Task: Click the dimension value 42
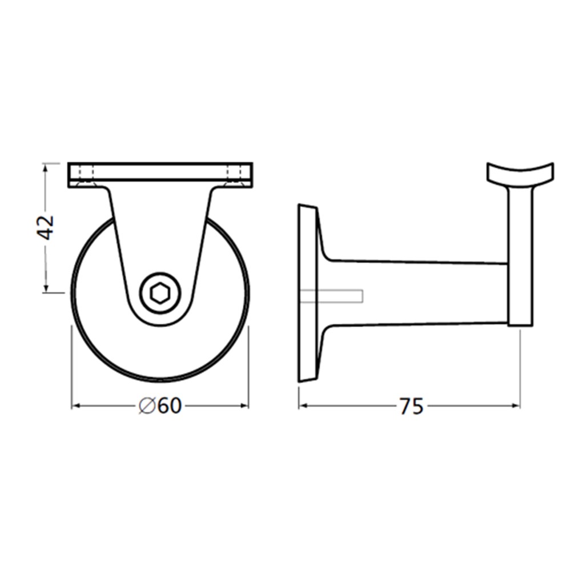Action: pyautogui.click(x=46, y=227)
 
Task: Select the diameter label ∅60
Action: pyautogui.click(x=160, y=405)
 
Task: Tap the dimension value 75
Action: pyautogui.click(x=412, y=407)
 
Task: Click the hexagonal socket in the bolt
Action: pyautogui.click(x=159, y=292)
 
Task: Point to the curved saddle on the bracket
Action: pyautogui.click(x=520, y=174)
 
